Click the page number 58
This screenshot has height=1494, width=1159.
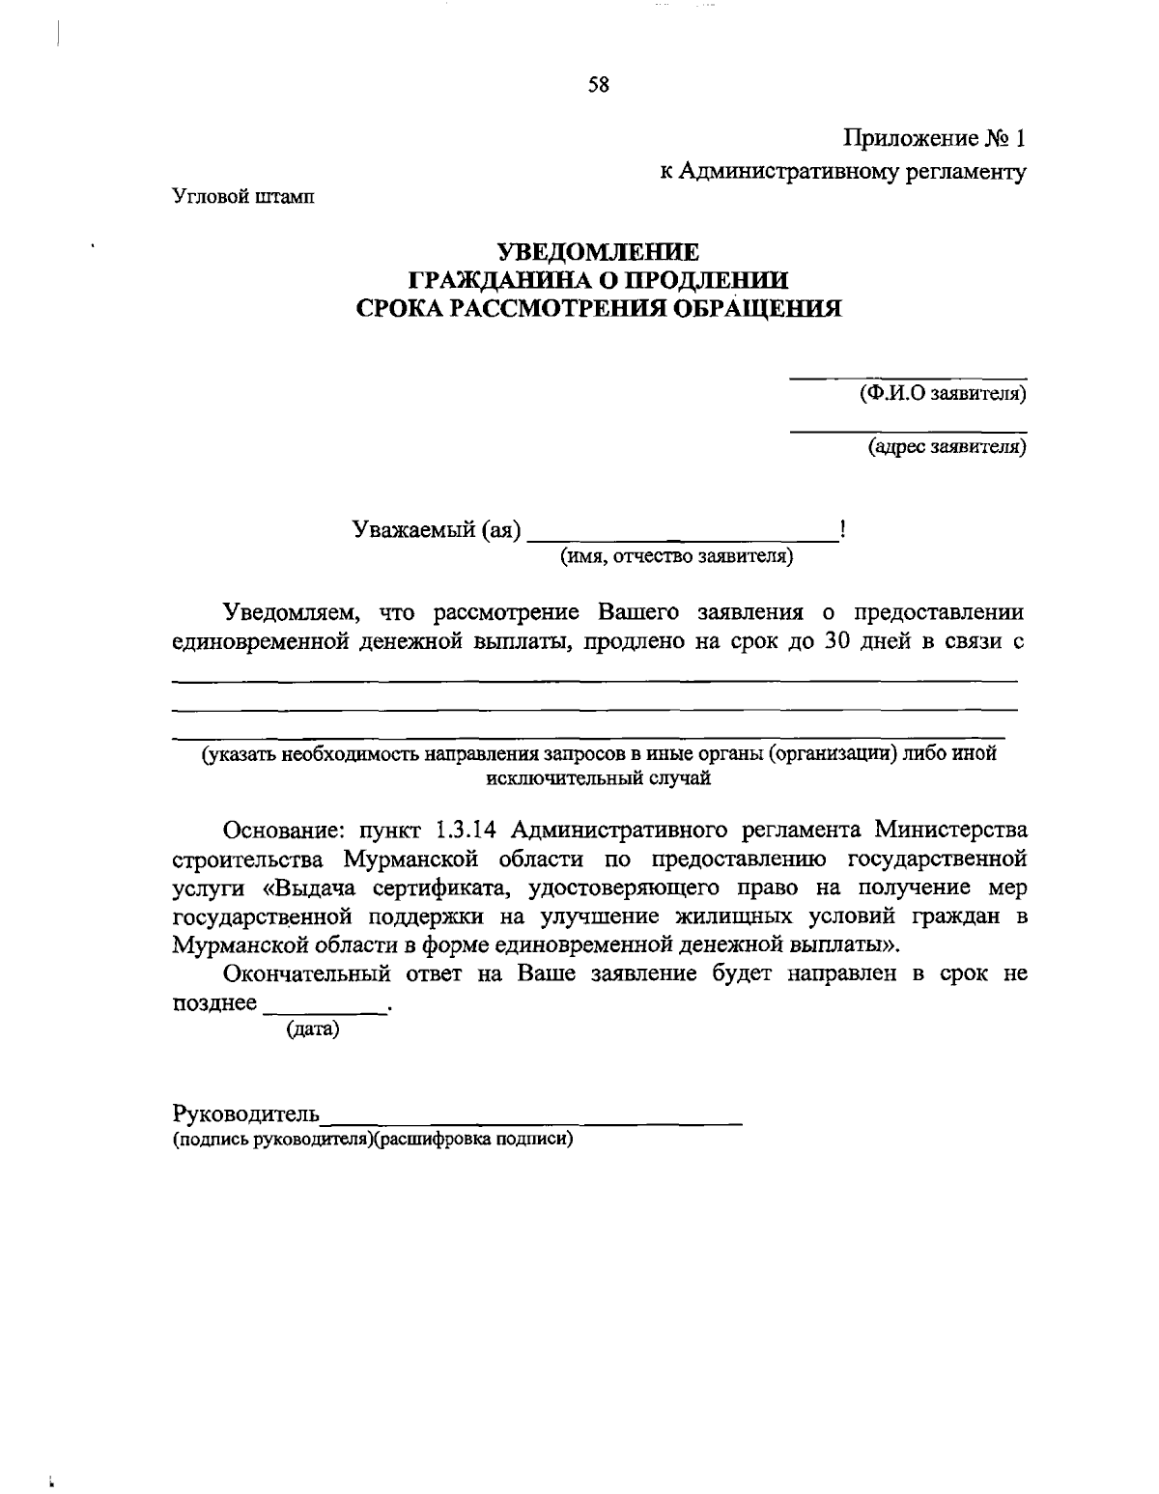598,85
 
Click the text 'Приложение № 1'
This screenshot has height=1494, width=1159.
934,139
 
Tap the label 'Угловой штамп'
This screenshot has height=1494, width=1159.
243,197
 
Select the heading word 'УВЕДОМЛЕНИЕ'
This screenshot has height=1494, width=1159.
598,253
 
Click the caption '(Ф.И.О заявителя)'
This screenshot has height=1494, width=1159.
943,394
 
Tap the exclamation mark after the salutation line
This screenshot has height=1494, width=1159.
844,528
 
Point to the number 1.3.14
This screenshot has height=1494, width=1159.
466,830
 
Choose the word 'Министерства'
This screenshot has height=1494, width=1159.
950,830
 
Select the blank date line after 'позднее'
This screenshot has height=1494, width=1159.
325,1008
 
